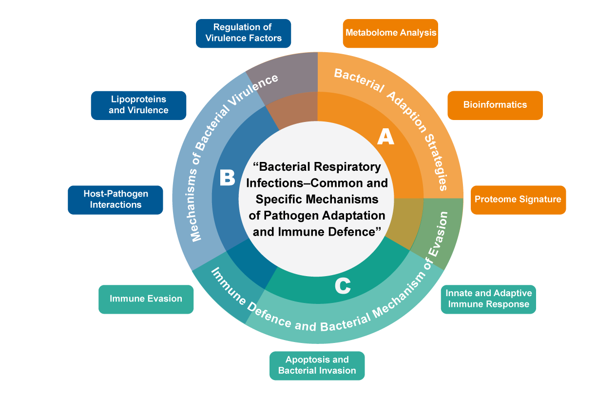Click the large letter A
tap(385, 138)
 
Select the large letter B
tap(227, 178)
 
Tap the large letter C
tap(343, 286)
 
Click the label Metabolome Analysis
tap(391, 33)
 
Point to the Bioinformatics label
tap(495, 105)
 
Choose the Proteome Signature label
tap(518, 199)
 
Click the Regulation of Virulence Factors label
tap(244, 32)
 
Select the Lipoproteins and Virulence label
tap(138, 105)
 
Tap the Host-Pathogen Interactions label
tap(116, 199)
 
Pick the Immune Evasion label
tap(146, 299)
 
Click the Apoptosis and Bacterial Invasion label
tap(317, 365)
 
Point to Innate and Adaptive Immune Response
tap(489, 299)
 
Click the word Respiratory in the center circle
tap(349, 167)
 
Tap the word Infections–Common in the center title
tap(317, 183)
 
